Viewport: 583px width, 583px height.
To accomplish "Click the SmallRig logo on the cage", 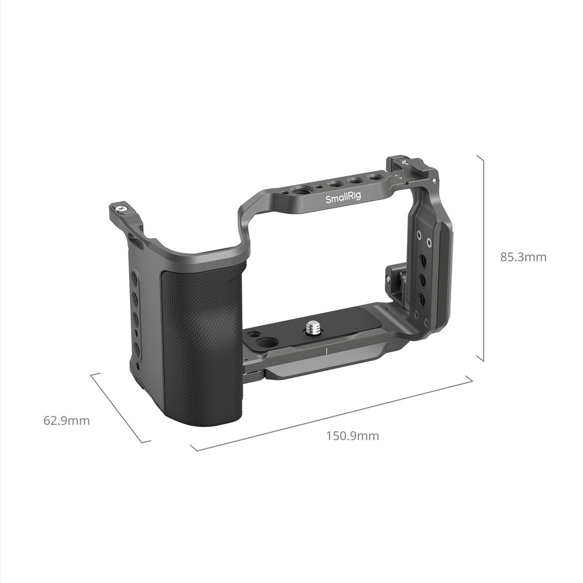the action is tap(343, 197).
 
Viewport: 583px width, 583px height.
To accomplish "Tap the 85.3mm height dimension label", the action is tap(523, 257).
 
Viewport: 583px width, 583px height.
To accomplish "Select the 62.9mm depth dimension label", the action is tap(66, 420).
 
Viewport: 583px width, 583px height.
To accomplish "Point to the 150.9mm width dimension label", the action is tap(352, 436).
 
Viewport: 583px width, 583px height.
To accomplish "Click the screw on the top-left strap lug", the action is tap(121, 208).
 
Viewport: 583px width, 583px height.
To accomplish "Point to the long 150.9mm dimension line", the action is tap(331, 414).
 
